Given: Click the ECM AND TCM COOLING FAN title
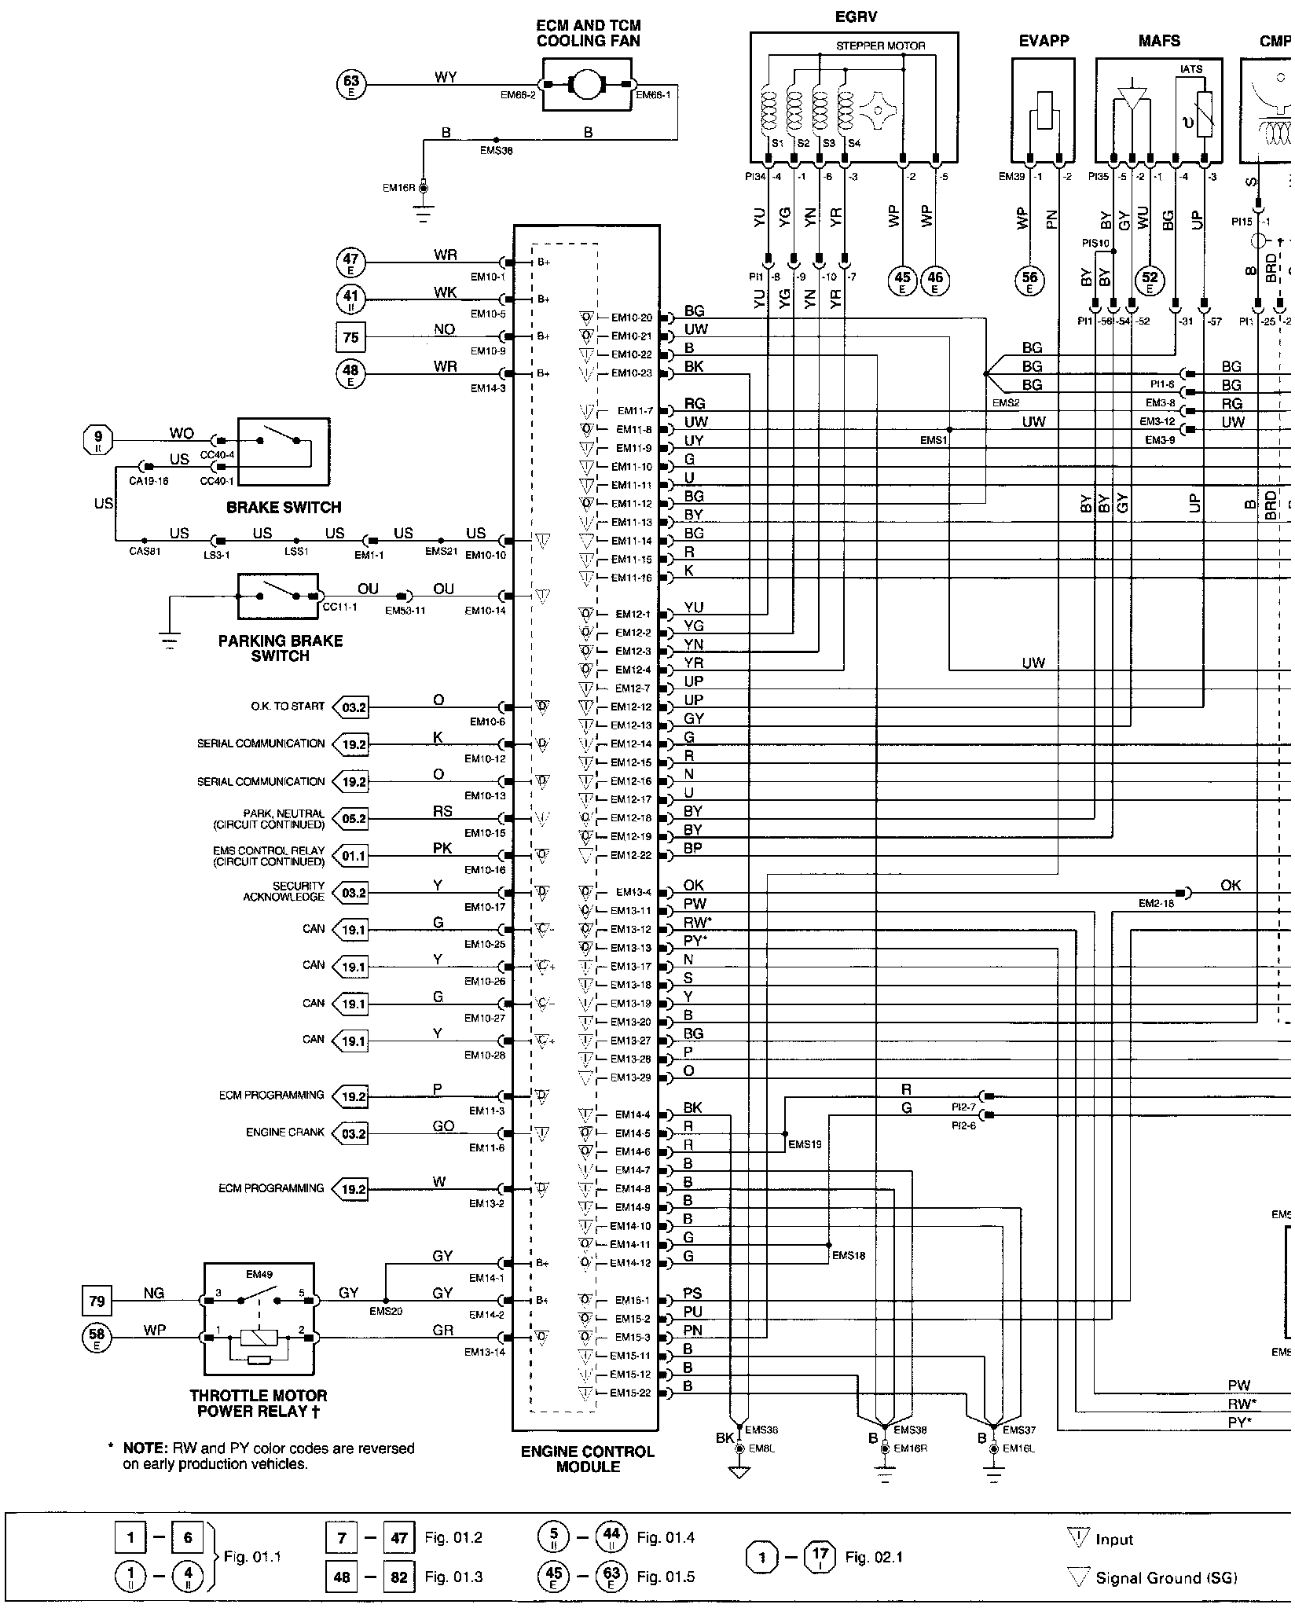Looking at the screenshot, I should [588, 33].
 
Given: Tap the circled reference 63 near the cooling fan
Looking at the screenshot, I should [351, 83].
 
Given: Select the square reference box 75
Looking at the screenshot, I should [350, 337].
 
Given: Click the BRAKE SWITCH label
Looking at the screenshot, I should [284, 508].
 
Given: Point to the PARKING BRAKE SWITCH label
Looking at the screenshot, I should [281, 648].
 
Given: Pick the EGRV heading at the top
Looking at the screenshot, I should [855, 17].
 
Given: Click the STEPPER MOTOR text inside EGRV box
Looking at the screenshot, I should [880, 46].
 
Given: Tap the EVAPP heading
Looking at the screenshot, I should [1044, 41].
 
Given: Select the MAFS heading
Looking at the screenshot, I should [1159, 41].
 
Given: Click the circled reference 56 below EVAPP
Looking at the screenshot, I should [1029, 279].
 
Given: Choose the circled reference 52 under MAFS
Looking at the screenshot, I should [1150, 279].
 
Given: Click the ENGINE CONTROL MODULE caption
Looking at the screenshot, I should [587, 1459].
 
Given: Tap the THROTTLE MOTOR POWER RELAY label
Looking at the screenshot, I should [259, 1403].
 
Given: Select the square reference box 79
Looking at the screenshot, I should [97, 1301].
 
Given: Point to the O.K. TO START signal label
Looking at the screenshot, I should [288, 707].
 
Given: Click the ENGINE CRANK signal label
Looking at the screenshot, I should [284, 1133].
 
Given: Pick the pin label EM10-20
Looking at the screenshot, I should [632, 318].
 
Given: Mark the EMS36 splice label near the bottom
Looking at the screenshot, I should [761, 1430].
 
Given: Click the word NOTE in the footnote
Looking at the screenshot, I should [141, 1448].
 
